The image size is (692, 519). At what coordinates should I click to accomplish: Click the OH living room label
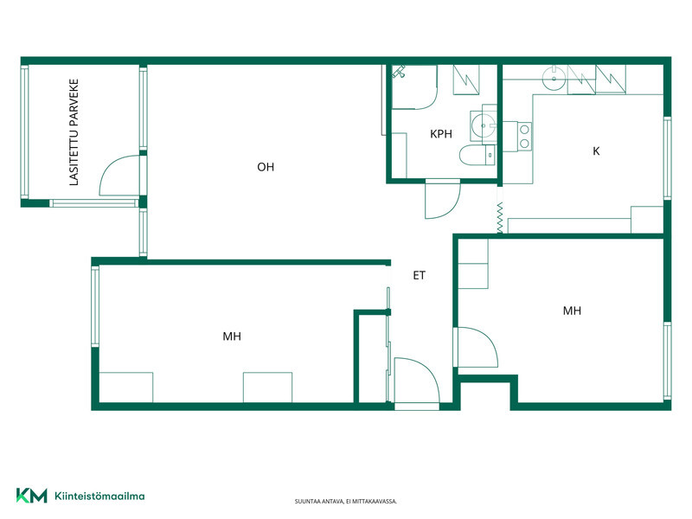[x=266, y=167]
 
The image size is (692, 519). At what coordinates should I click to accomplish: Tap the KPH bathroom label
[x=441, y=134]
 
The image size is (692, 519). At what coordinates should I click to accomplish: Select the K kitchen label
[x=596, y=151]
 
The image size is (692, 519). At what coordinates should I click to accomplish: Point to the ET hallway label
[x=419, y=275]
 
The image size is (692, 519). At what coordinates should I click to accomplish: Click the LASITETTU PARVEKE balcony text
[x=74, y=132]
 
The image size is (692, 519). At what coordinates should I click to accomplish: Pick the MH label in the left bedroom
[x=232, y=336]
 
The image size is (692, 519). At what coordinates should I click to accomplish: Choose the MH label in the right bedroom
[x=572, y=311]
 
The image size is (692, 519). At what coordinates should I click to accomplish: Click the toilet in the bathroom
[x=477, y=156]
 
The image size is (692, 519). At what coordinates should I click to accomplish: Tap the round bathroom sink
[x=484, y=125]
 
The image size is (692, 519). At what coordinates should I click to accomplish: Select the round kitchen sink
[x=554, y=79]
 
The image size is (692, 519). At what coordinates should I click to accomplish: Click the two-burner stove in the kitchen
[x=524, y=137]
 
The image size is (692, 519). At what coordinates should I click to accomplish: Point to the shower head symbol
[x=399, y=72]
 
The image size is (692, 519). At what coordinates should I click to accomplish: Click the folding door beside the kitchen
[x=500, y=218]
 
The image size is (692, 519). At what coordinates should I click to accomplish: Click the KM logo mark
[x=31, y=496]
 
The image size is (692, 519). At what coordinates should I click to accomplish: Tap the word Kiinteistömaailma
[x=99, y=496]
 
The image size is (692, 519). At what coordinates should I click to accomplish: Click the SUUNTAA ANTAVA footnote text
[x=346, y=502]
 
